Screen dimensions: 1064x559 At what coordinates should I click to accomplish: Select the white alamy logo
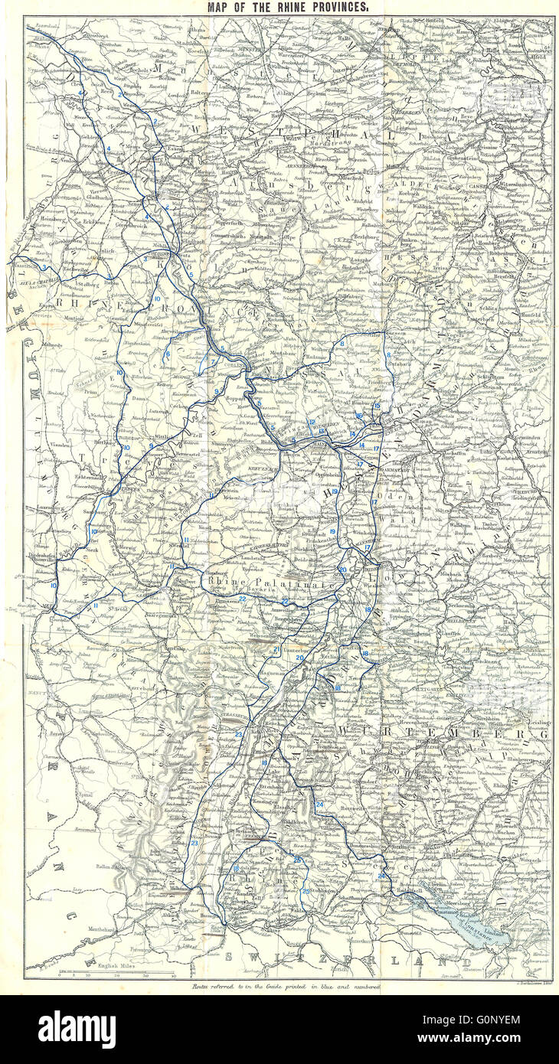click(77, 1030)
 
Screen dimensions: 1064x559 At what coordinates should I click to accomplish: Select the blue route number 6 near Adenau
click(168, 354)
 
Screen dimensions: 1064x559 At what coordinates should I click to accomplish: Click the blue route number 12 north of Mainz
click(311, 423)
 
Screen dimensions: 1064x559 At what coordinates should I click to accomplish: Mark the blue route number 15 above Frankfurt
click(377, 405)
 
